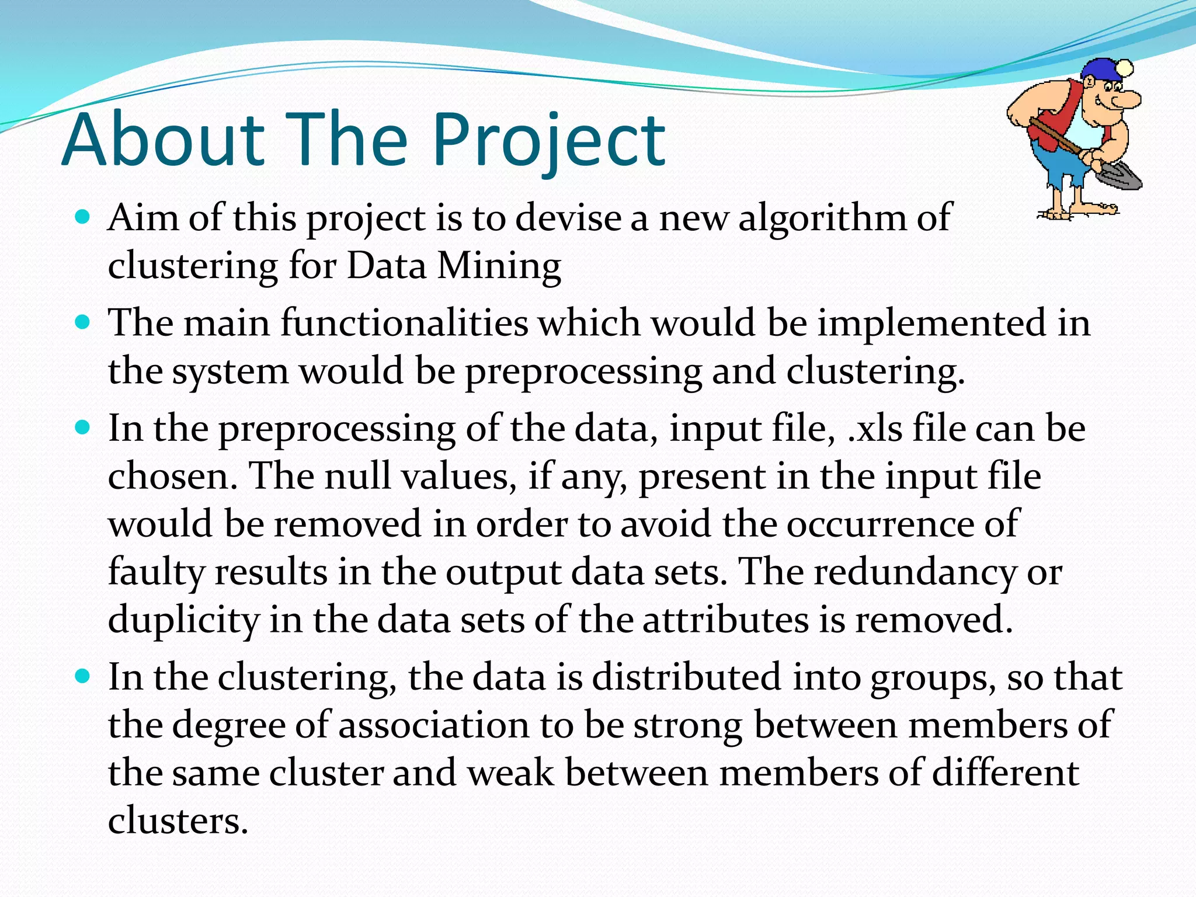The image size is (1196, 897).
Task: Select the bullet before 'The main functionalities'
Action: click(84, 322)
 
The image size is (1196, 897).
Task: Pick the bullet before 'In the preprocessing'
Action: click(84, 428)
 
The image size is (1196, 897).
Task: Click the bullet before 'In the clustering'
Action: click(84, 677)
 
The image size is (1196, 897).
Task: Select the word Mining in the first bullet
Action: click(499, 266)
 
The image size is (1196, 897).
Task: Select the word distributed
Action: click(687, 677)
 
